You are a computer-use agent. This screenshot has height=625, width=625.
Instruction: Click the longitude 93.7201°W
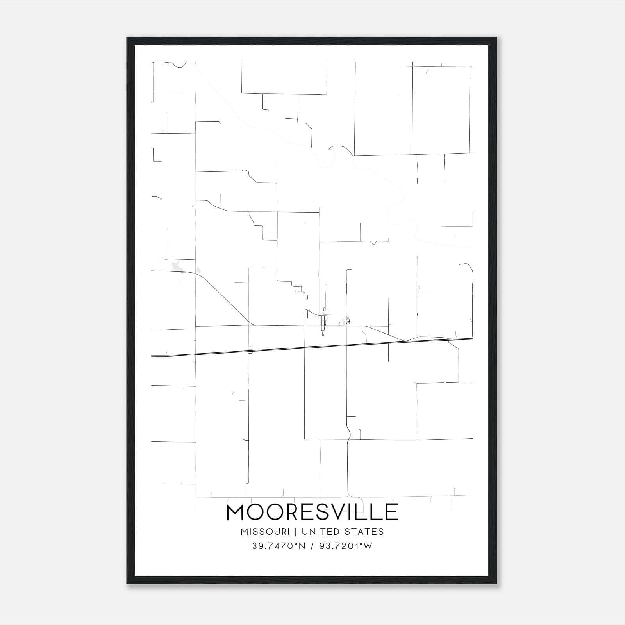coord(346,546)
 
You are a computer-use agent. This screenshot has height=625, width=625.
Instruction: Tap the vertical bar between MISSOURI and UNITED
coord(296,532)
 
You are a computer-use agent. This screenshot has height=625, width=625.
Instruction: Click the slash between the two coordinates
coord(311,546)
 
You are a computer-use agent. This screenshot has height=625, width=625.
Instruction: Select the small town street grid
coord(323,321)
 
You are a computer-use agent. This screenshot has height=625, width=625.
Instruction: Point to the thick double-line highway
coord(312,347)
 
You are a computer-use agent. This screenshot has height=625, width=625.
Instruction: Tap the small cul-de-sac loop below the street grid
coord(323,334)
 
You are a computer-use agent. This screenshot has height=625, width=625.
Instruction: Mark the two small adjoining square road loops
coord(298,289)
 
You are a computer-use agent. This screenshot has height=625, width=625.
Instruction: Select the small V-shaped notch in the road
coord(375,243)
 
